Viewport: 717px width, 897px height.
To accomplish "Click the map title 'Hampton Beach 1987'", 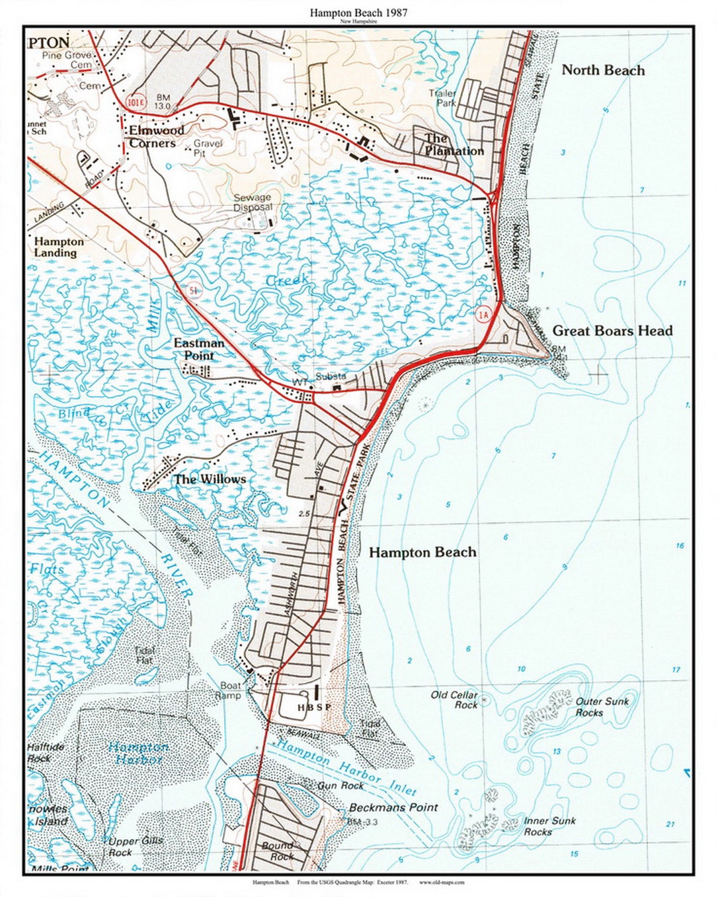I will click(358, 13).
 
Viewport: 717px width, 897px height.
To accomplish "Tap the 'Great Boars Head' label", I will click(612, 331).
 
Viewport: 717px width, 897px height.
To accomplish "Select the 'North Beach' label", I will click(603, 70).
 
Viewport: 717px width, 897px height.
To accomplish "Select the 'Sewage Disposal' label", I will click(252, 202).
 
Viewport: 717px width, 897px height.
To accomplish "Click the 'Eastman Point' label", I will click(199, 349).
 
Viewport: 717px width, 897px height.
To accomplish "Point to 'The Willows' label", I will click(210, 479).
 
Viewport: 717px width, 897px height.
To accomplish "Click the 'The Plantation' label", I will click(454, 144).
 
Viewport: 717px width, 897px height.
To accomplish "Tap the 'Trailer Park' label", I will click(442, 98).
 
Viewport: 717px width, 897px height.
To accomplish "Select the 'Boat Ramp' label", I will click(230, 690).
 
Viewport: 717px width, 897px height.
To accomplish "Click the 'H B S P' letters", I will click(313, 708).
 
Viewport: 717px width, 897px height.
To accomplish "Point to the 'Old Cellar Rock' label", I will click(455, 700).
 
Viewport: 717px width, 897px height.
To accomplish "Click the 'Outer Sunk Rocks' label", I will click(601, 707).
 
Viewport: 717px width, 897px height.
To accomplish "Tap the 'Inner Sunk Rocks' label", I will click(550, 827).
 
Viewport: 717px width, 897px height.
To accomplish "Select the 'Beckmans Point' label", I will click(393, 807).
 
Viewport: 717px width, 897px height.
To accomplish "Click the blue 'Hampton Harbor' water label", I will click(139, 753).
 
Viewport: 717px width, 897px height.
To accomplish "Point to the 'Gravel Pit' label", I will click(208, 148).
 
